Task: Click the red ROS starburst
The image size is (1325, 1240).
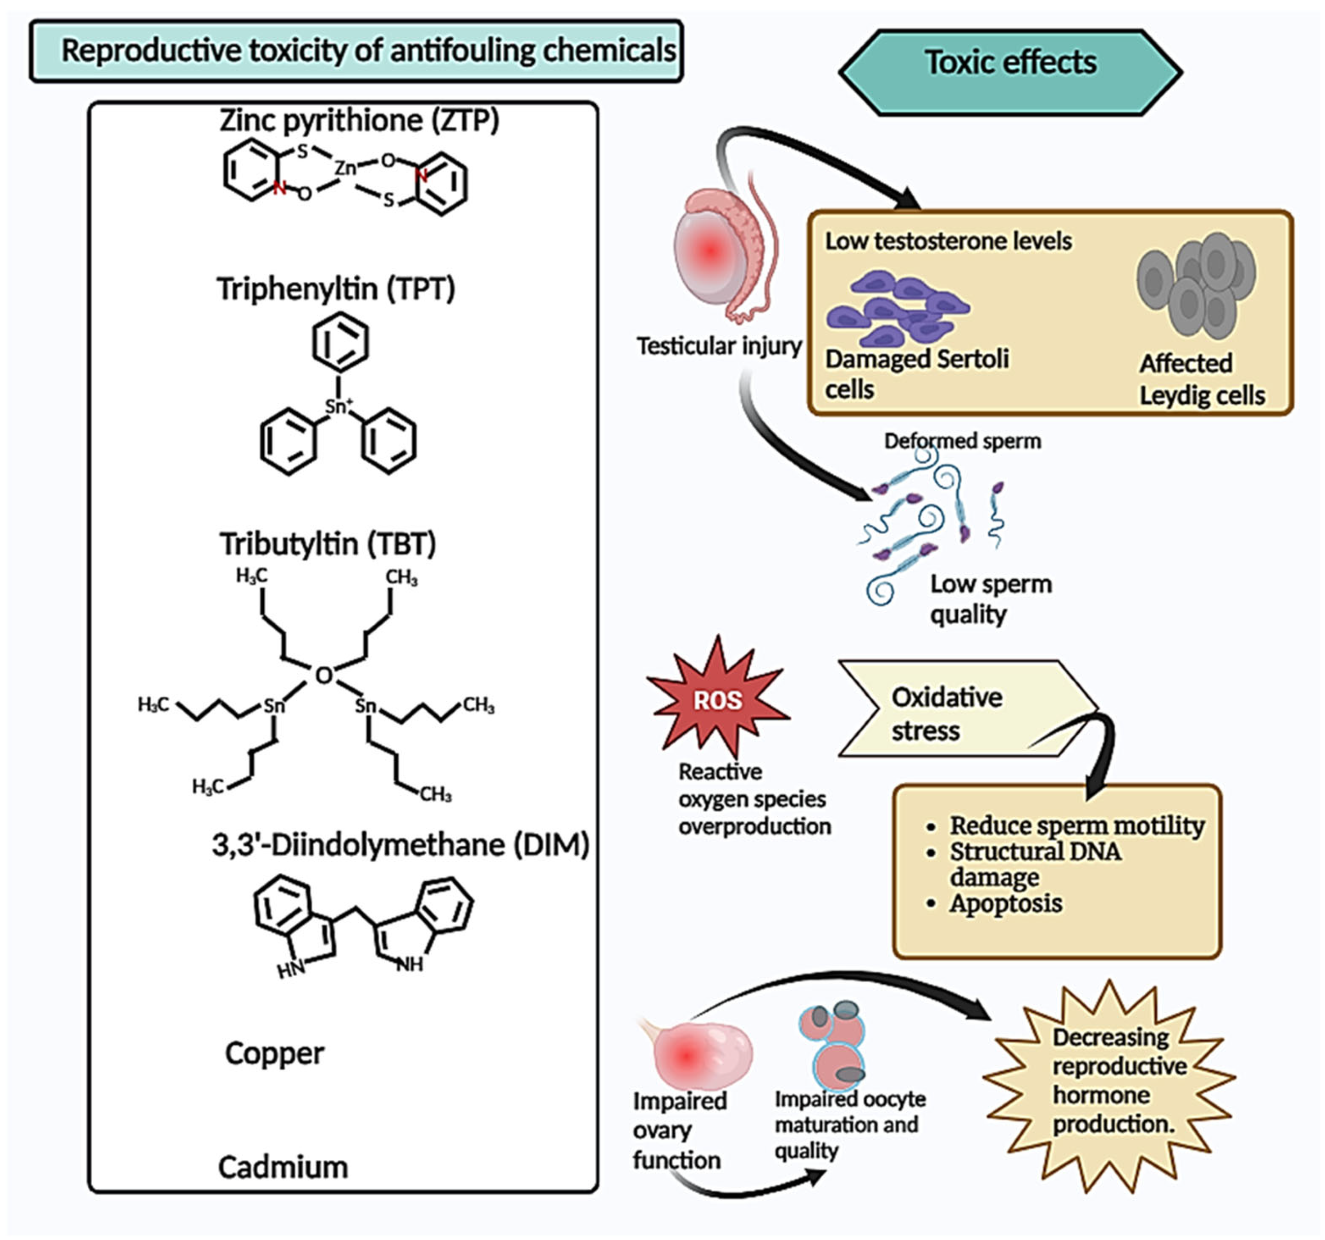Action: coord(718,699)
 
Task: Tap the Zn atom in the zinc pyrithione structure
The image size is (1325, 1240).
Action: coord(345,168)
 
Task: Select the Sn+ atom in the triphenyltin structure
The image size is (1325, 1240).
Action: coord(338,406)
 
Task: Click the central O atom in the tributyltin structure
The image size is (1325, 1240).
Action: coord(323,675)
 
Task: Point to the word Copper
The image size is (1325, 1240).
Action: coord(274,1053)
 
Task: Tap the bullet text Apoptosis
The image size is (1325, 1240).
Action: coord(1005,903)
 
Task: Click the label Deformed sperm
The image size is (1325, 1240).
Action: coord(962,441)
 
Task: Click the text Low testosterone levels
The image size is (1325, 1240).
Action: coord(948,241)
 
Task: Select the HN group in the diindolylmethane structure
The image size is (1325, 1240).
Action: coord(291,969)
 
